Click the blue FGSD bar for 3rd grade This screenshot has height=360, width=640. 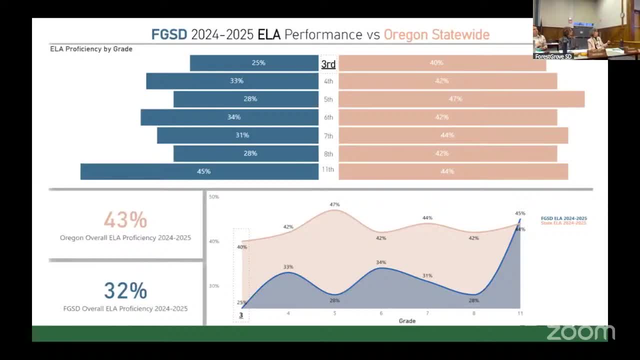tap(254, 63)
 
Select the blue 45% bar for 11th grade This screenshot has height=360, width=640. tap(199, 171)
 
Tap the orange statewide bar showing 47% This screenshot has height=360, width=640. tap(461, 99)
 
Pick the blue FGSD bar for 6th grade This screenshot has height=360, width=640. tap(229, 117)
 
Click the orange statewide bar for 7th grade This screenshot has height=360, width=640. tap(453, 135)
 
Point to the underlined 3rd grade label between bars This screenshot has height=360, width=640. tap(328, 64)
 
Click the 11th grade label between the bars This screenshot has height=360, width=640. tap(328, 169)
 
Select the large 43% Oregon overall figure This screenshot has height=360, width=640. tap(125, 219)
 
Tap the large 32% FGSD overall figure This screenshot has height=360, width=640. tap(125, 290)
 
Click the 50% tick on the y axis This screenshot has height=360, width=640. tap(214, 197)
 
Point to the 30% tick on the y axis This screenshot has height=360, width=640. tap(214, 286)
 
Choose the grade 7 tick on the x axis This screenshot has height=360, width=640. tap(427, 313)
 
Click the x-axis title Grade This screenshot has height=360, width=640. tap(407, 321)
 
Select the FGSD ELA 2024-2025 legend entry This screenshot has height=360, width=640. tap(563, 218)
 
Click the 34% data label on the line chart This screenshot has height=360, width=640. tap(381, 262)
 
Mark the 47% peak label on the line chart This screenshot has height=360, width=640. tap(334, 204)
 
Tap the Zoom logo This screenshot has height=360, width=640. tap(580, 332)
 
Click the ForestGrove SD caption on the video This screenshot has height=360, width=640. tap(553, 56)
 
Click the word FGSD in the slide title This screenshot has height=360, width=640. tap(169, 34)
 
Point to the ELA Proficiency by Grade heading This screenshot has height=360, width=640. tap(91, 49)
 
